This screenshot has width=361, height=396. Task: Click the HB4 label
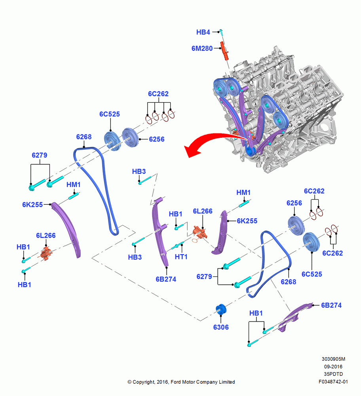coord(203,32)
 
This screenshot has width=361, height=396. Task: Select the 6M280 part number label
coord(202,48)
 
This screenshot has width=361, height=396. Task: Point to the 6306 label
coord(221,327)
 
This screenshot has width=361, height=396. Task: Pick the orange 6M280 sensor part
coord(224,51)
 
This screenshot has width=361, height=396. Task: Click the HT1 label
coord(181,257)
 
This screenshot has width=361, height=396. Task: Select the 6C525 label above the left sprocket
coord(110,114)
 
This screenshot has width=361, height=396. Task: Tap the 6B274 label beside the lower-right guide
coord(331,305)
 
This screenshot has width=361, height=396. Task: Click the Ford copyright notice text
coord(181,382)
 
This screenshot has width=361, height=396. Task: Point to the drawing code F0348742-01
coord(333,382)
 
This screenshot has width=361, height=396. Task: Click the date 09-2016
coord(333,366)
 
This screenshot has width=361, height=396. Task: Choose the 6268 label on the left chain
coord(84,137)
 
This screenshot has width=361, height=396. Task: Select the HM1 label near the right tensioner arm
coord(243,192)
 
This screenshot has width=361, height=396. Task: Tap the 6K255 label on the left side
coord(32,205)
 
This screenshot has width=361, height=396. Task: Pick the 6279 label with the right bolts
coord(204,276)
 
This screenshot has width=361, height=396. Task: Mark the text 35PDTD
coord(333,374)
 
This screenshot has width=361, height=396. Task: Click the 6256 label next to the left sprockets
coord(156,139)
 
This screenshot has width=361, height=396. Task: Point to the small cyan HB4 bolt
coord(220,32)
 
